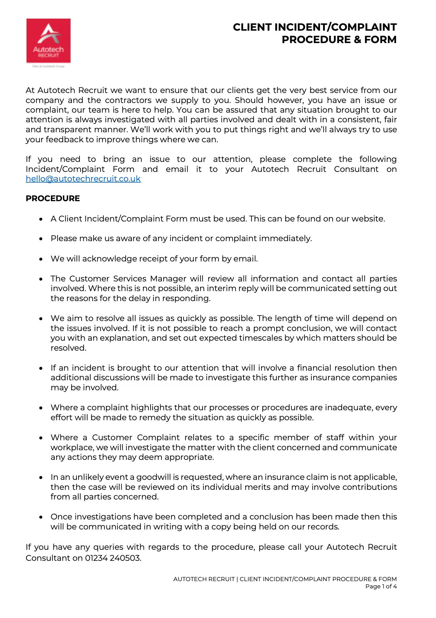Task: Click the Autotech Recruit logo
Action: (49, 41)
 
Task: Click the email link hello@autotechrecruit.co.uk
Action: (83, 179)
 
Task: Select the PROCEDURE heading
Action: (53, 198)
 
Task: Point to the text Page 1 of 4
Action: (381, 586)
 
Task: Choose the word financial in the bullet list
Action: (313, 368)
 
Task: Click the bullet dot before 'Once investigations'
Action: (41, 517)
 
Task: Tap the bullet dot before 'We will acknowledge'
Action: (41, 259)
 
